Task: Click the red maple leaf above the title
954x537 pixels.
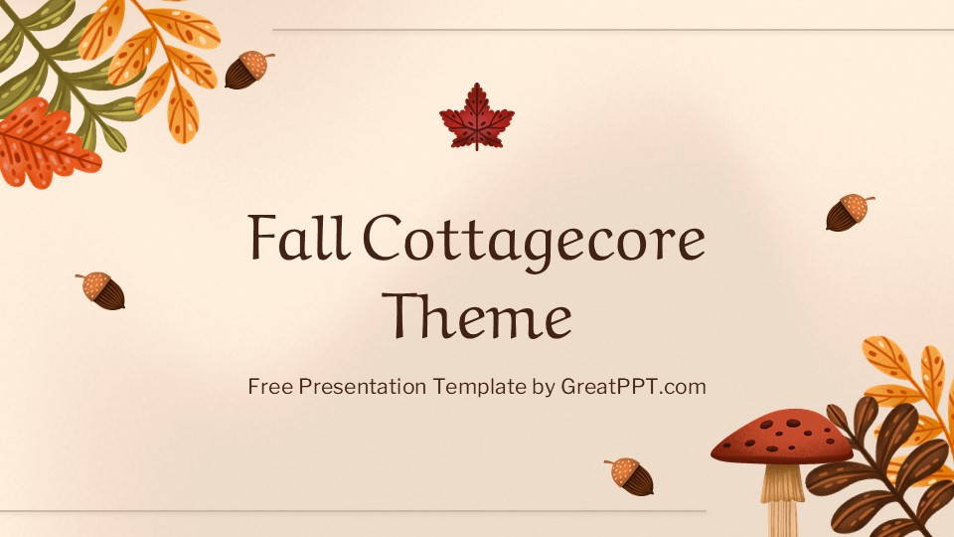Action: [477, 116]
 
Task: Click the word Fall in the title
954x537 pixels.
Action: [299, 237]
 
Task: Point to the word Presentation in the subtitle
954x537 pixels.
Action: [362, 387]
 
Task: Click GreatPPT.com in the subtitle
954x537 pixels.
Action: [633, 387]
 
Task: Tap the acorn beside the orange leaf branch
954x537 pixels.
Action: [248, 70]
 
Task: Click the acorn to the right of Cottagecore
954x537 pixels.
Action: [850, 212]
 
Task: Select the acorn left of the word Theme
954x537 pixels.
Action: [101, 290]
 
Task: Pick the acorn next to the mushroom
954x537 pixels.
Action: [630, 476]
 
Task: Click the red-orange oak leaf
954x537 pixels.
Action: [44, 143]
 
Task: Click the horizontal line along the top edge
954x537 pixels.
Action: [613, 29]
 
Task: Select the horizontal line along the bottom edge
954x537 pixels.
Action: [353, 511]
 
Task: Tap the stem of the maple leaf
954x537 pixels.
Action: [477, 142]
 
